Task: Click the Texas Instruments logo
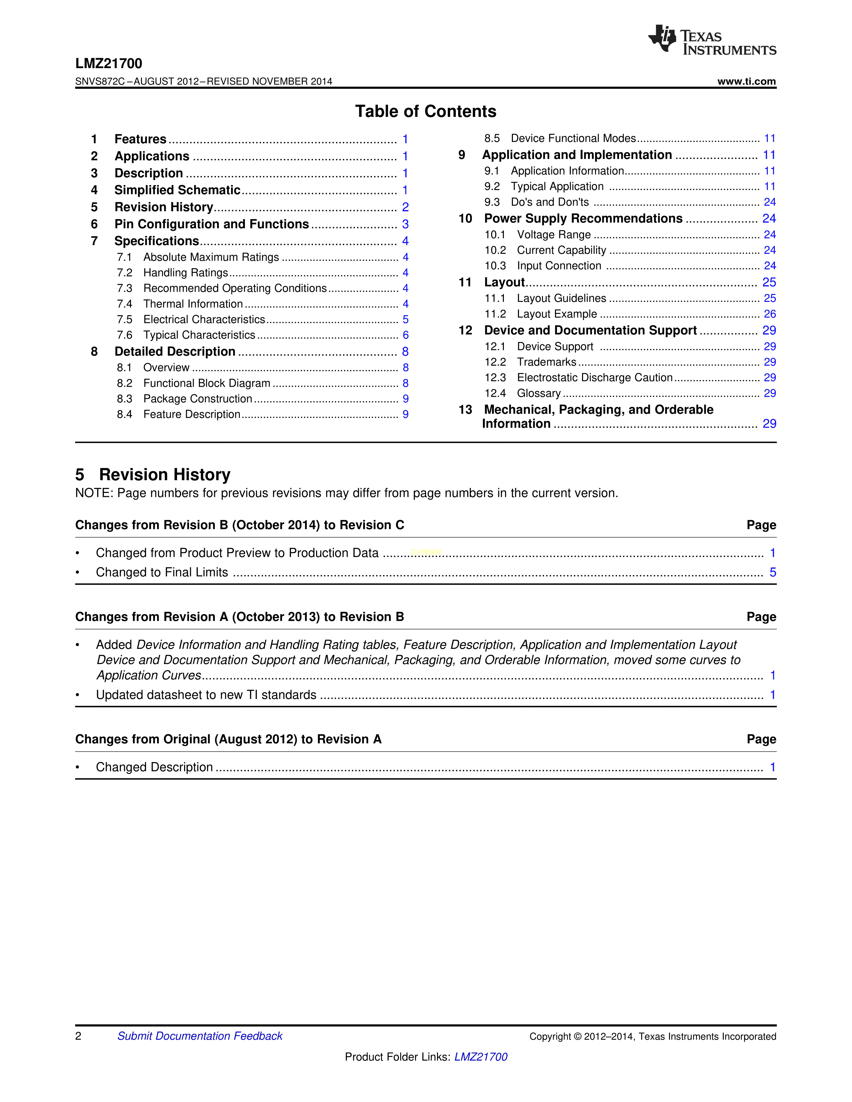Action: pyautogui.click(x=712, y=40)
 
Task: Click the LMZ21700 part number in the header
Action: pyautogui.click(x=109, y=63)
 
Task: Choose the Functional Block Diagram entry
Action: pyautogui.click(x=206, y=383)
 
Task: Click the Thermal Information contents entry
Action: pyautogui.click(x=193, y=304)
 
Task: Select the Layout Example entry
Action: pyautogui.click(x=556, y=314)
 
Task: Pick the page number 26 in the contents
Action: pyautogui.click(x=769, y=314)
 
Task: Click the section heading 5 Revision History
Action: pyautogui.click(x=153, y=475)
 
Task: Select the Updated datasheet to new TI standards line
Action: pyautogui.click(x=206, y=695)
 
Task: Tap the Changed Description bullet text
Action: pyautogui.click(x=154, y=767)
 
